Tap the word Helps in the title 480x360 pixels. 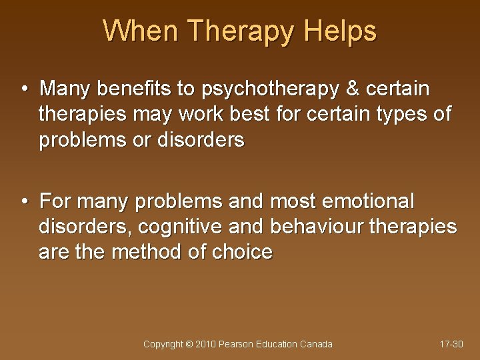point(341,31)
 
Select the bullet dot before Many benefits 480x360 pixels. point(24,88)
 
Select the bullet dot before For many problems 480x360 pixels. point(24,200)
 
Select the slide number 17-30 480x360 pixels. point(451,344)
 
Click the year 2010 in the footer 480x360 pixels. point(206,344)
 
